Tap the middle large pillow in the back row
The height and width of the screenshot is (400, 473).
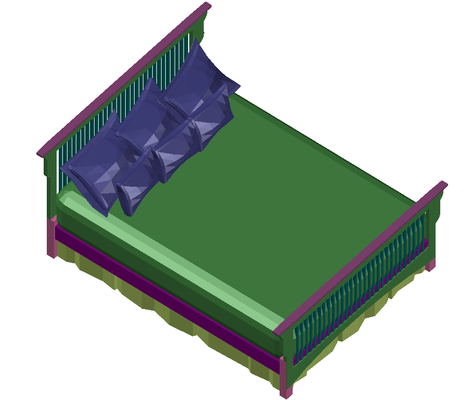(143, 120)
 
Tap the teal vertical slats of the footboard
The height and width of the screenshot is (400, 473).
(359, 291)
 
